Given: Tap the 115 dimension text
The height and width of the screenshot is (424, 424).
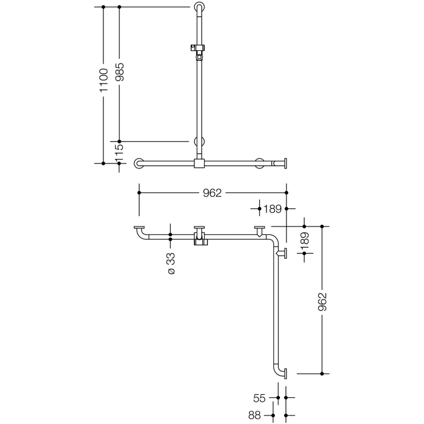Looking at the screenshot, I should tap(119, 151).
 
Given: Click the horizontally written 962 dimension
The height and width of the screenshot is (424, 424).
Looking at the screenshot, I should tap(213, 193).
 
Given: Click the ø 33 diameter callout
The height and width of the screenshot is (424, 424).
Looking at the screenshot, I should tap(171, 264).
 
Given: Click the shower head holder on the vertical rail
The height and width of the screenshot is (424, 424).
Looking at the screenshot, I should tap(197, 50).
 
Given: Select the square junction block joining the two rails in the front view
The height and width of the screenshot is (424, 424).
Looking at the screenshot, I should tap(199, 163).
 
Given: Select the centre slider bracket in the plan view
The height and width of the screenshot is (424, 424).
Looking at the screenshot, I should tap(199, 237).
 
